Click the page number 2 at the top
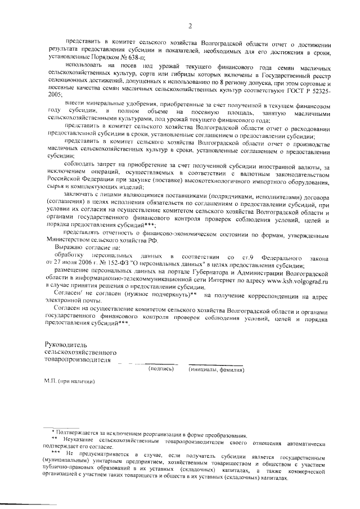(191, 26)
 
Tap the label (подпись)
(161, 370)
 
